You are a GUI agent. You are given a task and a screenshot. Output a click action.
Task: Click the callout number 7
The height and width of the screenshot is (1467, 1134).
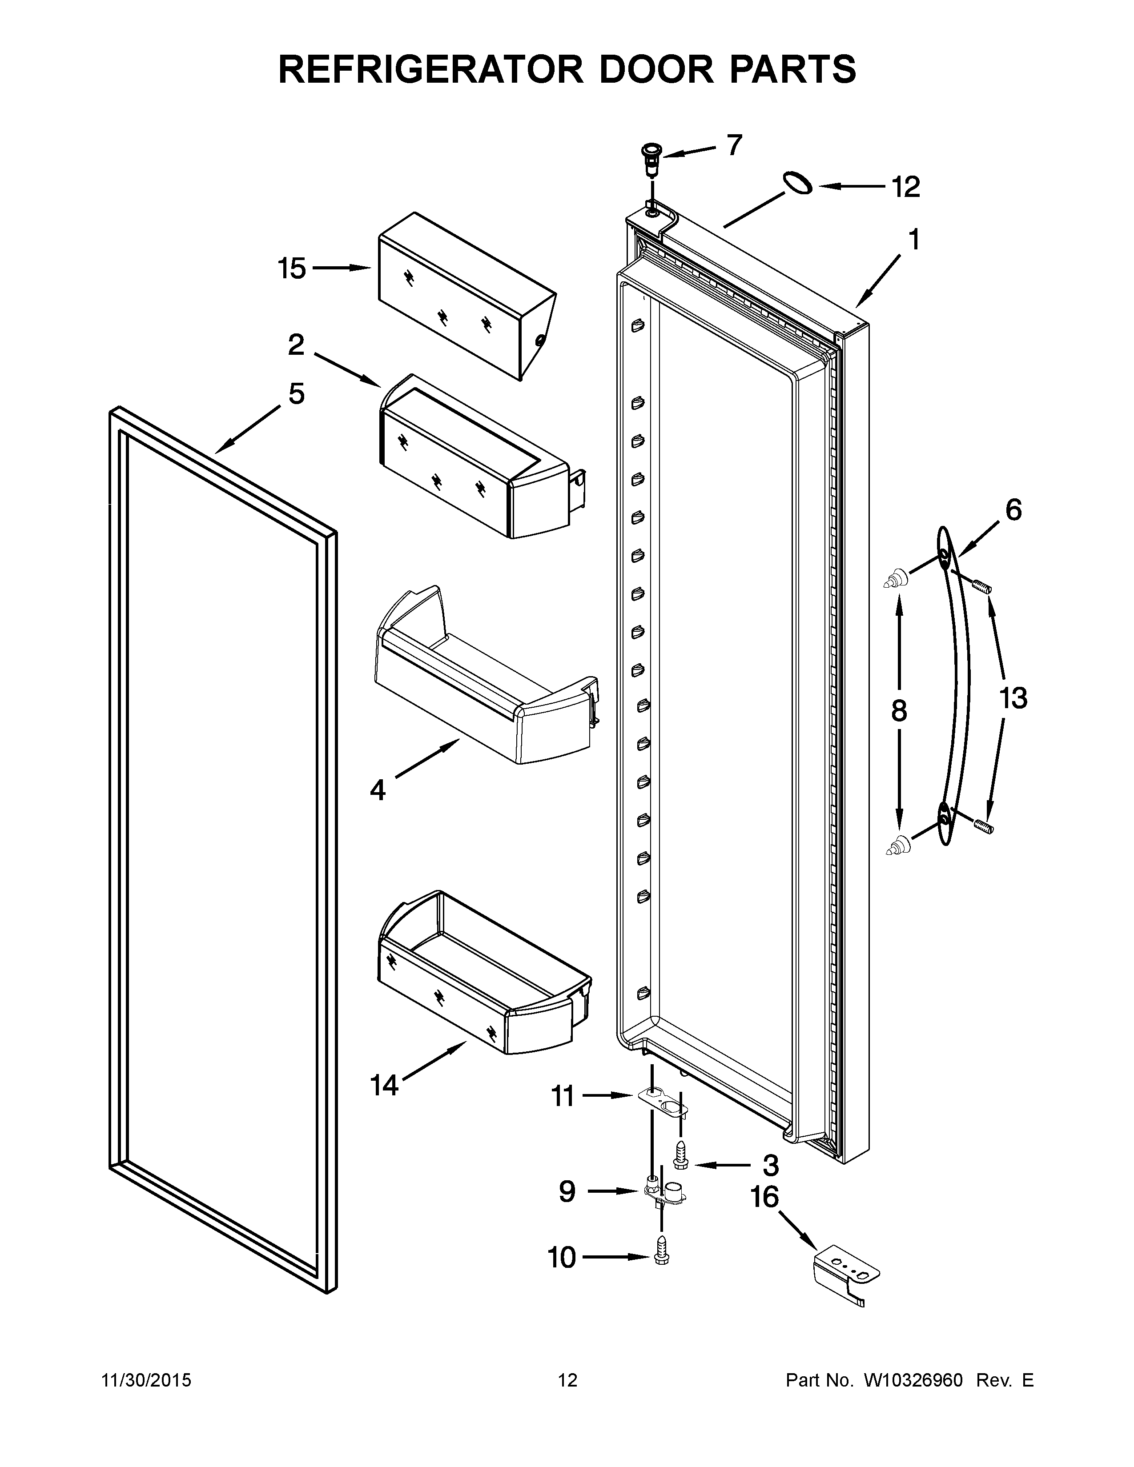[x=734, y=144]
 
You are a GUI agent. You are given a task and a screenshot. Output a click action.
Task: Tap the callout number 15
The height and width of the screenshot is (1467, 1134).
[x=292, y=269]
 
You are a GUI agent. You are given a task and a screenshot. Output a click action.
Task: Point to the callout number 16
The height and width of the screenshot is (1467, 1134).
[x=764, y=1197]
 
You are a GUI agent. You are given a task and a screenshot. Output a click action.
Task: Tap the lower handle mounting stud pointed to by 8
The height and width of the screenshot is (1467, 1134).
[x=896, y=846]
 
